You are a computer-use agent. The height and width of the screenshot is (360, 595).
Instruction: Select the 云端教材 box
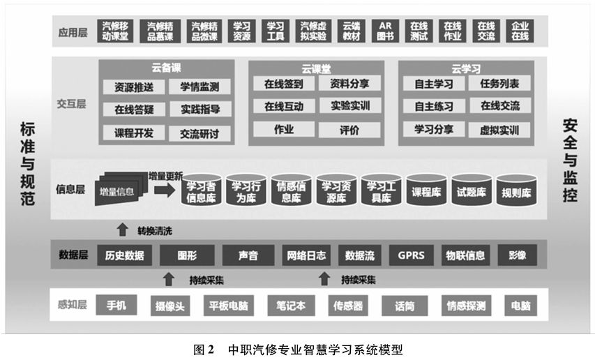[x=352, y=31]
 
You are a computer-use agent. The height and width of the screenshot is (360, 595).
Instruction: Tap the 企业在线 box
[x=520, y=31]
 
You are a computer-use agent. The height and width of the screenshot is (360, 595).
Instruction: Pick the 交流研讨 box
[x=199, y=133]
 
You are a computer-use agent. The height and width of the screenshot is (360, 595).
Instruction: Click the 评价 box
[x=349, y=130]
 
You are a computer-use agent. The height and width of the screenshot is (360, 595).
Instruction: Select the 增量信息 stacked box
[x=120, y=189]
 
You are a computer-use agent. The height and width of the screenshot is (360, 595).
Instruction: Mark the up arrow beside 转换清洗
[x=123, y=230]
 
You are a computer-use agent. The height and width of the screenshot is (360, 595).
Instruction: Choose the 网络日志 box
[x=306, y=255]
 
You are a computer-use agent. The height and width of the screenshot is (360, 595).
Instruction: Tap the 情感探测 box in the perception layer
[x=466, y=306]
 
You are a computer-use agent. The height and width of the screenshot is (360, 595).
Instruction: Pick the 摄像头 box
[x=170, y=306]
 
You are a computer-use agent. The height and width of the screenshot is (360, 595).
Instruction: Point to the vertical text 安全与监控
[x=570, y=160]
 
